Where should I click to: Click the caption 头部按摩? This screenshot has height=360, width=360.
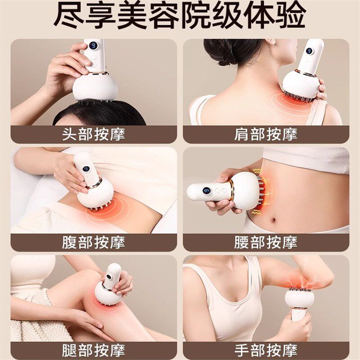click(94, 135)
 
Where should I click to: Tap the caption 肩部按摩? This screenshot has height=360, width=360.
click(266, 135)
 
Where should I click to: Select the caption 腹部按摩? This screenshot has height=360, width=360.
click(94, 243)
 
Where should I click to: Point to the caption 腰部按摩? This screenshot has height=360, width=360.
click(266, 243)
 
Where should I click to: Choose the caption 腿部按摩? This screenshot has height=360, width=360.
click(94, 351)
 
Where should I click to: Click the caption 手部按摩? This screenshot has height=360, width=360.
click(266, 351)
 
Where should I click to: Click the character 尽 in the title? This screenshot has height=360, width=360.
click(69, 15)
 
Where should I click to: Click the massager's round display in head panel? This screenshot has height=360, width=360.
click(94, 46)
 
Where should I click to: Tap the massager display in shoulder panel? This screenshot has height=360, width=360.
click(309, 51)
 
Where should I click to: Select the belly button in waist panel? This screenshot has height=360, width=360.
click(273, 220)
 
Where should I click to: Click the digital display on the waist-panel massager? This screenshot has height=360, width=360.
click(207, 190)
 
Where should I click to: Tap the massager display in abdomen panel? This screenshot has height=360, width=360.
click(86, 169)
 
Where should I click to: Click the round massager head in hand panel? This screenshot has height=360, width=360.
click(298, 298)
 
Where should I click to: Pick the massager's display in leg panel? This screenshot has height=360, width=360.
click(109, 277)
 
